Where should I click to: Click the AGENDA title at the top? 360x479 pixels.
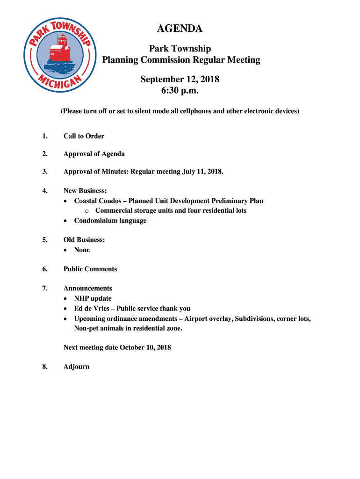180,29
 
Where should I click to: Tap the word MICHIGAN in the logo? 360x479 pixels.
60,83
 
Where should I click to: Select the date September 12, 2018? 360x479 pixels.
180,80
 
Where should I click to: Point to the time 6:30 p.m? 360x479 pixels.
180,91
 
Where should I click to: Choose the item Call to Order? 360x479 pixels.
84,136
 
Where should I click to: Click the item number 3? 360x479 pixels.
44,172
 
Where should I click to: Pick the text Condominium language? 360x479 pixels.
110,220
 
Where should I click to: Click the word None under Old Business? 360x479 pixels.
82,250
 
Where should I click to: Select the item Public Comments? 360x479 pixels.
90,269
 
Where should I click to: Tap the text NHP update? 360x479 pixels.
93,298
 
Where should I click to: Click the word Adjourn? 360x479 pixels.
76,367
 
